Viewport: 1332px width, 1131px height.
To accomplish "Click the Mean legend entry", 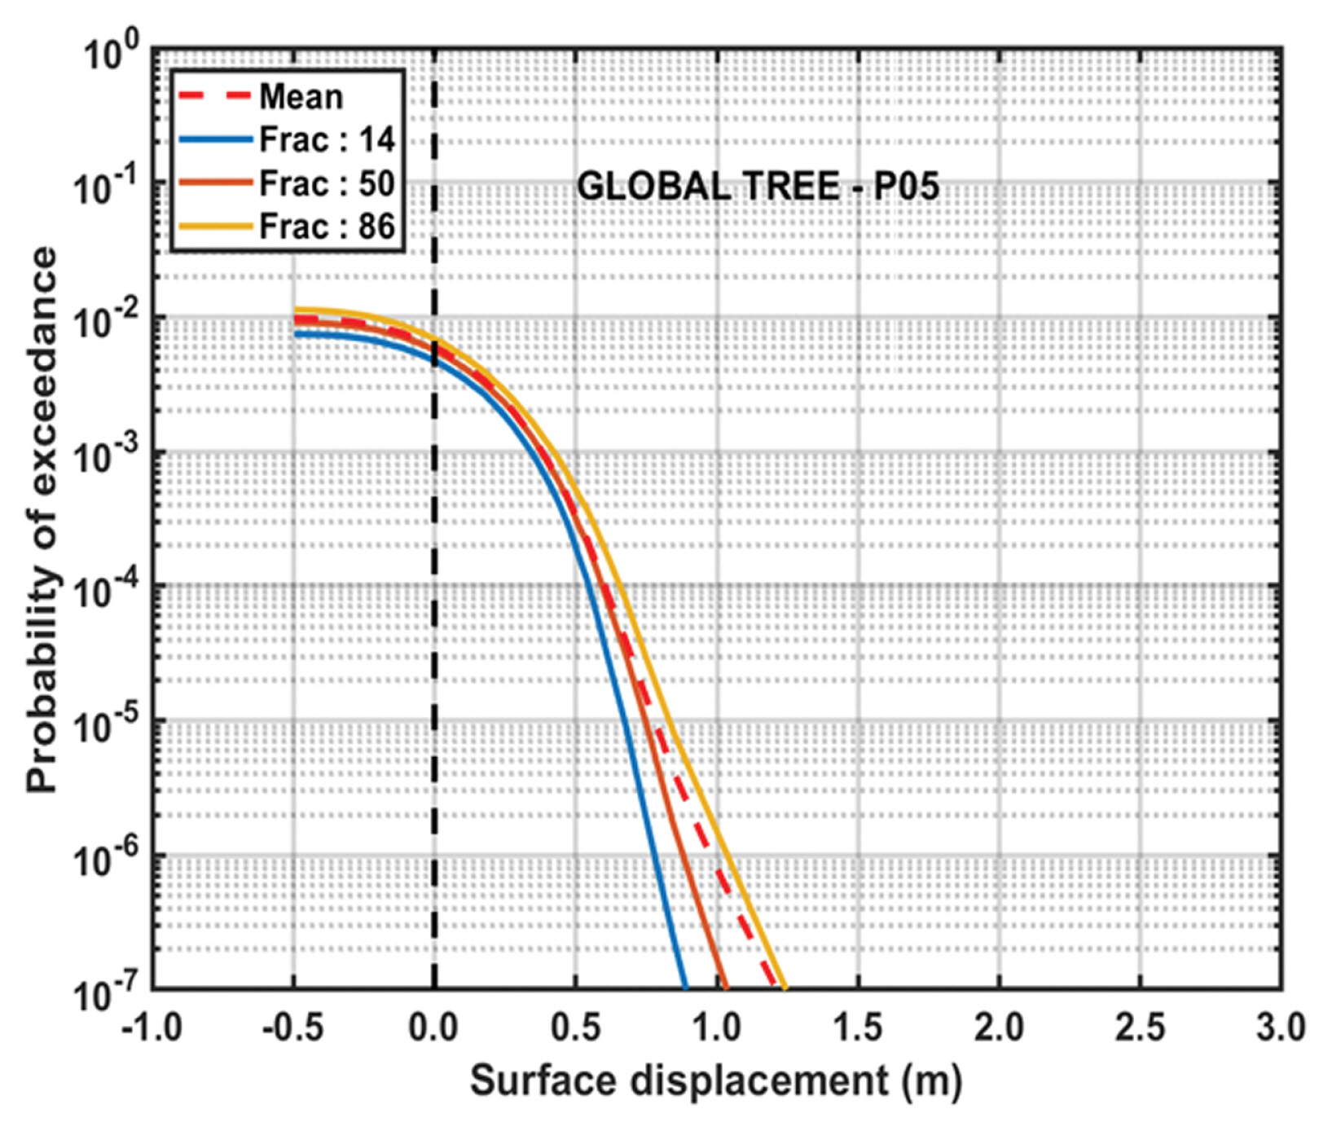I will (x=301, y=97).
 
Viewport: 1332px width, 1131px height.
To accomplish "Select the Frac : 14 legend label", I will (x=327, y=140).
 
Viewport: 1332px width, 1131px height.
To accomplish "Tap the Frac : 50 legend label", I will (x=327, y=184).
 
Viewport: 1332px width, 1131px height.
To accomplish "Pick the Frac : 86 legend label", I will (x=327, y=227).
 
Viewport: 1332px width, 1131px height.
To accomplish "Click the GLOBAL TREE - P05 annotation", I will (x=758, y=187).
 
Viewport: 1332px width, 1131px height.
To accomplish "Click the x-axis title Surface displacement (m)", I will (x=715, y=1081).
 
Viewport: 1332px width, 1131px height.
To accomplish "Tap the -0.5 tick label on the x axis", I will (x=292, y=1028).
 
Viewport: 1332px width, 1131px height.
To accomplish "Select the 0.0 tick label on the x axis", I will (x=433, y=1028).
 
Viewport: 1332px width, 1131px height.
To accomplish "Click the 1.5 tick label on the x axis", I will (x=858, y=1028).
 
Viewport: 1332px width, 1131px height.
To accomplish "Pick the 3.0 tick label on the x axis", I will (x=1280, y=1028).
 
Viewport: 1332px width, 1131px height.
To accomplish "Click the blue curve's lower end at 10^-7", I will (x=684, y=986).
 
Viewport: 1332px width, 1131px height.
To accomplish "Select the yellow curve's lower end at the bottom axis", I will (x=785, y=986).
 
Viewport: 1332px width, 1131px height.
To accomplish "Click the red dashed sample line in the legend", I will (x=213, y=96).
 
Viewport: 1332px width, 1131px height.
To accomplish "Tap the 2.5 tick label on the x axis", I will (x=1140, y=1028).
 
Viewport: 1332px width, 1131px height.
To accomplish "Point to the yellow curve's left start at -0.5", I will (x=296, y=310).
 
